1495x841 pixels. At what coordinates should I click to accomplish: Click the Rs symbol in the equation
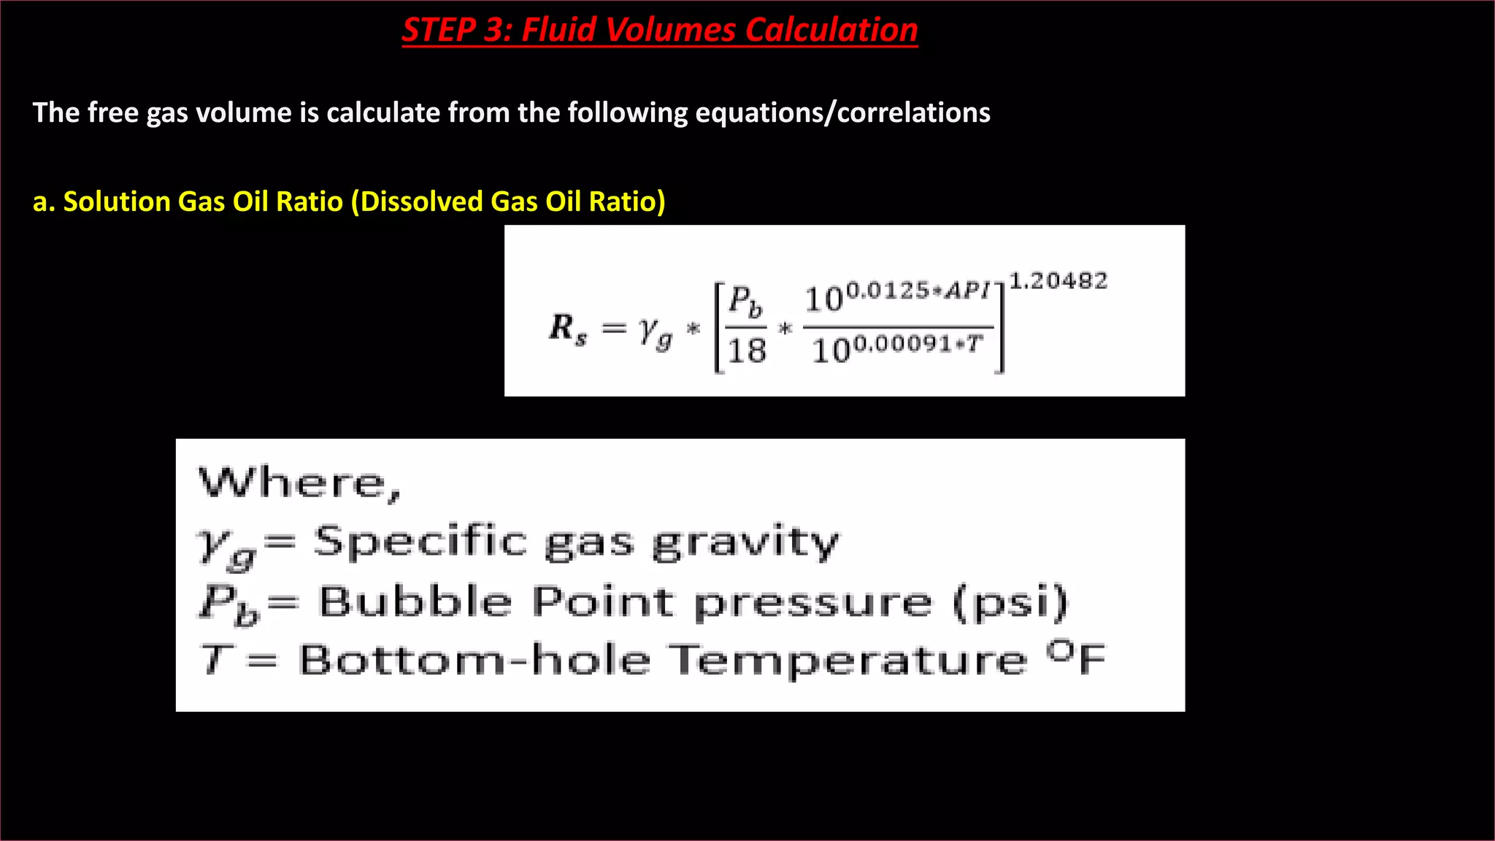tap(568, 328)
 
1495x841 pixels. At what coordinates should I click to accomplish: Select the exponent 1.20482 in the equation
tap(1058, 281)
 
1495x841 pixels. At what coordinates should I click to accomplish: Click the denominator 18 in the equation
tap(747, 351)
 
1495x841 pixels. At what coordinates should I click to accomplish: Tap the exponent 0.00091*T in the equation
tap(918, 344)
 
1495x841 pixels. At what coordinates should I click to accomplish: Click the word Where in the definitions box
tap(299, 484)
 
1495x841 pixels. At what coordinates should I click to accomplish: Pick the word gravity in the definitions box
tap(745, 543)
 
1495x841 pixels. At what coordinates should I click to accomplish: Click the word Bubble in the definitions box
tap(415, 602)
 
